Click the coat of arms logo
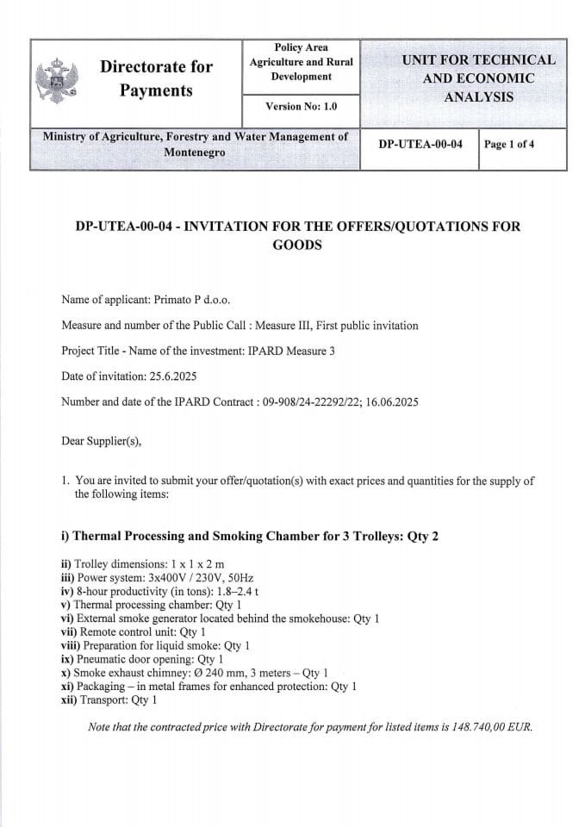56,82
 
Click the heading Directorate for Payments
156,78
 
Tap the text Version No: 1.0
301,106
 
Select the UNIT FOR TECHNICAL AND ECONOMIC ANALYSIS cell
478,78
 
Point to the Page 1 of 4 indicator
509,144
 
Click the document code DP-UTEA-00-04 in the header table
420,144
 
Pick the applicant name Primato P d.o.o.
192,301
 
